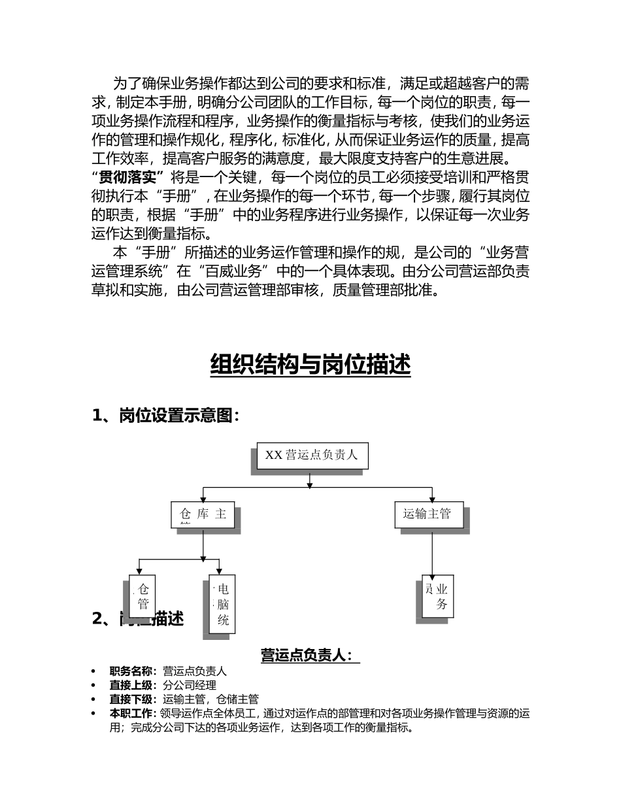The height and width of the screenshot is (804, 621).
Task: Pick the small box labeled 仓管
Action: [143, 596]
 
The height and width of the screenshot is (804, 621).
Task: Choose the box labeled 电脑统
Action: [222, 604]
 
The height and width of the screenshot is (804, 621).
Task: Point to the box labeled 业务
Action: [438, 596]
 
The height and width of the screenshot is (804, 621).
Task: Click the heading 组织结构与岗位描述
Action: [310, 365]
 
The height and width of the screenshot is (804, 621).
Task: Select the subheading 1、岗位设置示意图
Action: [166, 416]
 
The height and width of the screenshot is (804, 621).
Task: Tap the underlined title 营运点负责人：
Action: [310, 655]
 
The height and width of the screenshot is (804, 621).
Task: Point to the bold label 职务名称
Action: [133, 671]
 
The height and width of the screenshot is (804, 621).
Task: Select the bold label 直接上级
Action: [133, 685]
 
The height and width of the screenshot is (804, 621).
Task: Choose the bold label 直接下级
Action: [133, 699]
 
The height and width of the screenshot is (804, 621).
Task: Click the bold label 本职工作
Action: [133, 714]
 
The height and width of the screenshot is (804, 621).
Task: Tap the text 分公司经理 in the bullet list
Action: [190, 685]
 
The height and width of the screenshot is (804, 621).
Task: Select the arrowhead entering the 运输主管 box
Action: [432, 499]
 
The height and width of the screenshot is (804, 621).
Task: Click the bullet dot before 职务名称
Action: [94, 671]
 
